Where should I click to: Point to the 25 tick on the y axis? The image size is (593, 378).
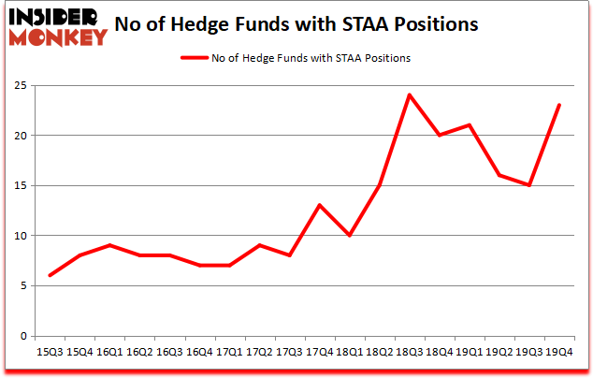[20, 86]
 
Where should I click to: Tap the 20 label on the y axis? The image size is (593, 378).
[20, 136]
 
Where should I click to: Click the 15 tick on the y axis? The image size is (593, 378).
[20, 186]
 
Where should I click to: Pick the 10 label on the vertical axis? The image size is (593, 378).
[20, 236]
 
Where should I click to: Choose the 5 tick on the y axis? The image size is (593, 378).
[22, 286]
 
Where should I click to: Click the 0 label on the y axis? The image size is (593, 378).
[22, 336]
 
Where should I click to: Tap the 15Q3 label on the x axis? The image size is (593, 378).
[49, 352]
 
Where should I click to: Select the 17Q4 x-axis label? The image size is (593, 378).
[319, 352]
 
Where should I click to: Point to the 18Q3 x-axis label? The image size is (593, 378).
[409, 352]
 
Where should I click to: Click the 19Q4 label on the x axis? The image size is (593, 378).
[559, 352]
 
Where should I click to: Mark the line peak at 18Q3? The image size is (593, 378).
[409, 95]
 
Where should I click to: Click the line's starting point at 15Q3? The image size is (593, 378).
[49, 275]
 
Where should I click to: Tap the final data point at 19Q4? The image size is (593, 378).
[559, 105]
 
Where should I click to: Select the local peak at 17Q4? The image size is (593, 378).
[319, 205]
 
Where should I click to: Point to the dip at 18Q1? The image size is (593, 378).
[349, 236]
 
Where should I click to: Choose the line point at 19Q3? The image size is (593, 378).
[529, 185]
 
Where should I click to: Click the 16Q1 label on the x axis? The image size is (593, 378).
[108, 352]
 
